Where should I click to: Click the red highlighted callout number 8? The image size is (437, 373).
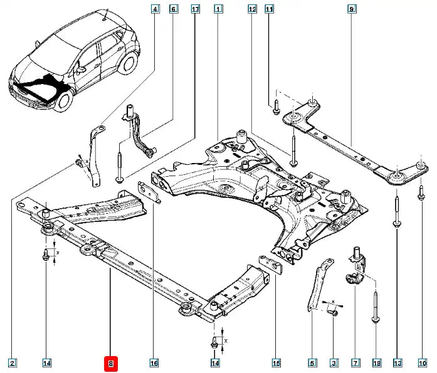(110, 362)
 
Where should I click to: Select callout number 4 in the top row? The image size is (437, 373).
(155, 9)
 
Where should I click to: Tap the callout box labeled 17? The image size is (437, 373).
(195, 9)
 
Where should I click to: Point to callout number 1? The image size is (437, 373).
(218, 9)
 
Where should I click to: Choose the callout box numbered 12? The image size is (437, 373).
(252, 9)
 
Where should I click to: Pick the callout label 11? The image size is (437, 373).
(270, 9)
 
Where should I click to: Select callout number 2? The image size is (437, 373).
(12, 362)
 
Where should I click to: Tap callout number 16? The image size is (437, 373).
(154, 362)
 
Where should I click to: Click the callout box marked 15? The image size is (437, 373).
(275, 362)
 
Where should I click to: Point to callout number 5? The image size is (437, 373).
(312, 362)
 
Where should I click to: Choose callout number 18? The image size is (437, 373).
(376, 362)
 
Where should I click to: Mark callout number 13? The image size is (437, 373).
(397, 362)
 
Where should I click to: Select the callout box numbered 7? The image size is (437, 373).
(355, 362)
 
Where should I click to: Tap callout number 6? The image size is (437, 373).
(174, 9)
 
